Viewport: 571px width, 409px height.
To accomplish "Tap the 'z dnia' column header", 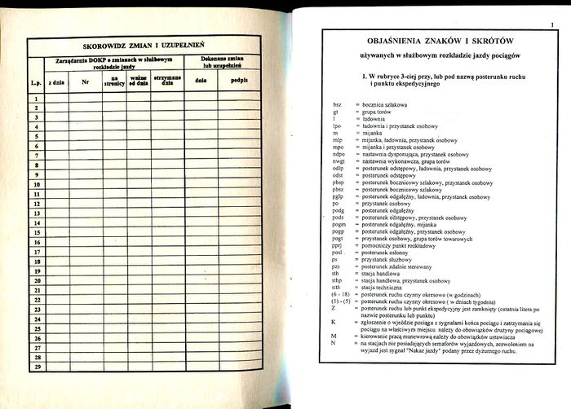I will (56, 82).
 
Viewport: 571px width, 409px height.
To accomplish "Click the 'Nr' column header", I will (85, 82).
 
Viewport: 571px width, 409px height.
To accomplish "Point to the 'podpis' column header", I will (239, 81).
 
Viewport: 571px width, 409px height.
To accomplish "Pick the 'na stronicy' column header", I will (114, 81).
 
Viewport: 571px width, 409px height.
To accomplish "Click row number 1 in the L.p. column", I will (36, 99).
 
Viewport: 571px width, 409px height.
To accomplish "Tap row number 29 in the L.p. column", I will (36, 367).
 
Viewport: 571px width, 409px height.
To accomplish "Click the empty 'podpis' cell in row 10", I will (239, 185).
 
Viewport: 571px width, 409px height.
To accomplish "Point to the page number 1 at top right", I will (551, 27).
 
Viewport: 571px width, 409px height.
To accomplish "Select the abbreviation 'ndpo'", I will (339, 154).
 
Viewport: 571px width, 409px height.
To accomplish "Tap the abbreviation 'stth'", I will (337, 288).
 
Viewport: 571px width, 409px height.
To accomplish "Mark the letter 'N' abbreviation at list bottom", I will (334, 343).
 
